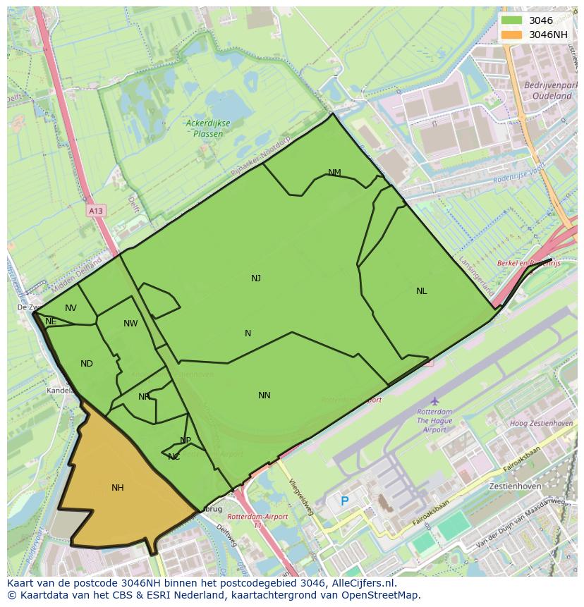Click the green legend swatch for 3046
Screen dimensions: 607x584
click(x=512, y=20)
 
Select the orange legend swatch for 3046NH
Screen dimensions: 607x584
click(x=512, y=35)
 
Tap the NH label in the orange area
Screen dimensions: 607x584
click(x=118, y=487)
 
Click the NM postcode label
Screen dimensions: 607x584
click(x=334, y=173)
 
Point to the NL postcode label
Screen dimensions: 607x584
click(x=421, y=290)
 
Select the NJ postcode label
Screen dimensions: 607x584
click(x=256, y=278)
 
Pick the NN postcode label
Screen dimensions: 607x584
click(x=264, y=396)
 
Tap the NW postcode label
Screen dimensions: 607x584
click(x=130, y=324)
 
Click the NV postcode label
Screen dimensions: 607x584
click(x=71, y=308)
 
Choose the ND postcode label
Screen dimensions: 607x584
click(x=87, y=364)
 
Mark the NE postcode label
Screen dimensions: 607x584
click(x=51, y=321)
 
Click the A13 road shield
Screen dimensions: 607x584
click(x=96, y=210)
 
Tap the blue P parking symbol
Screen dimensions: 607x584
click(x=344, y=501)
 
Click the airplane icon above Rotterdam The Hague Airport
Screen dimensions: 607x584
click(x=434, y=401)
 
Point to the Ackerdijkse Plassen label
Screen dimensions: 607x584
click(x=208, y=128)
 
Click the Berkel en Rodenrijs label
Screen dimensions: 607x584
click(x=528, y=263)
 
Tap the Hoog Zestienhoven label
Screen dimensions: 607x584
click(x=541, y=424)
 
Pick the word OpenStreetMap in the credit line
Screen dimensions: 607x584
click(x=383, y=595)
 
